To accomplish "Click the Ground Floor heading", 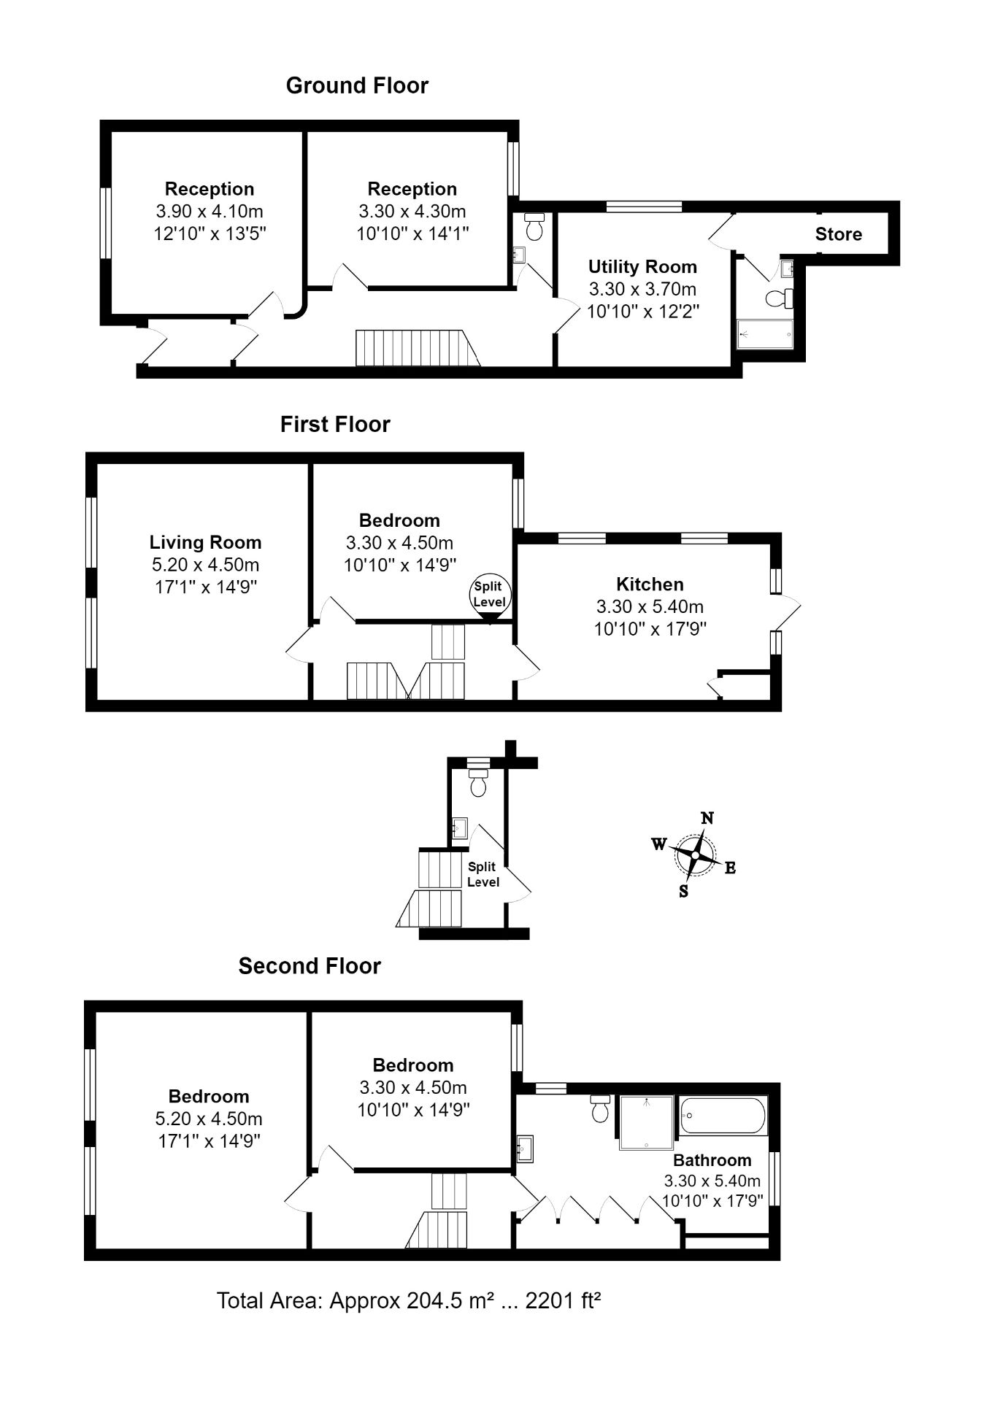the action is (357, 86).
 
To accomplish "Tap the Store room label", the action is (838, 234).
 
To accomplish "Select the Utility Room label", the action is (642, 266).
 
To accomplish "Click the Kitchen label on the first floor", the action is (650, 584).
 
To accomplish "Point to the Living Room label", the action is (205, 542).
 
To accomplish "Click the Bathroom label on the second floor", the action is (712, 1159).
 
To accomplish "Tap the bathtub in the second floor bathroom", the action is (723, 1116).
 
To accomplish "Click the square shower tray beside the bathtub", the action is (647, 1122).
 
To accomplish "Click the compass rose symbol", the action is (696, 855).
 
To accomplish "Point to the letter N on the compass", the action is (707, 818).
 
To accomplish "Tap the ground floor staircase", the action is (416, 347).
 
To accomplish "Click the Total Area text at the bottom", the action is (408, 1300).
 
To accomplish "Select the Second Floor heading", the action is (310, 966).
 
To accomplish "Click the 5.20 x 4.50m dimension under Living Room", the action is (205, 565).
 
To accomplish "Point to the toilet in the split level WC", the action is (479, 784).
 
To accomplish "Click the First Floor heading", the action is (335, 425).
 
